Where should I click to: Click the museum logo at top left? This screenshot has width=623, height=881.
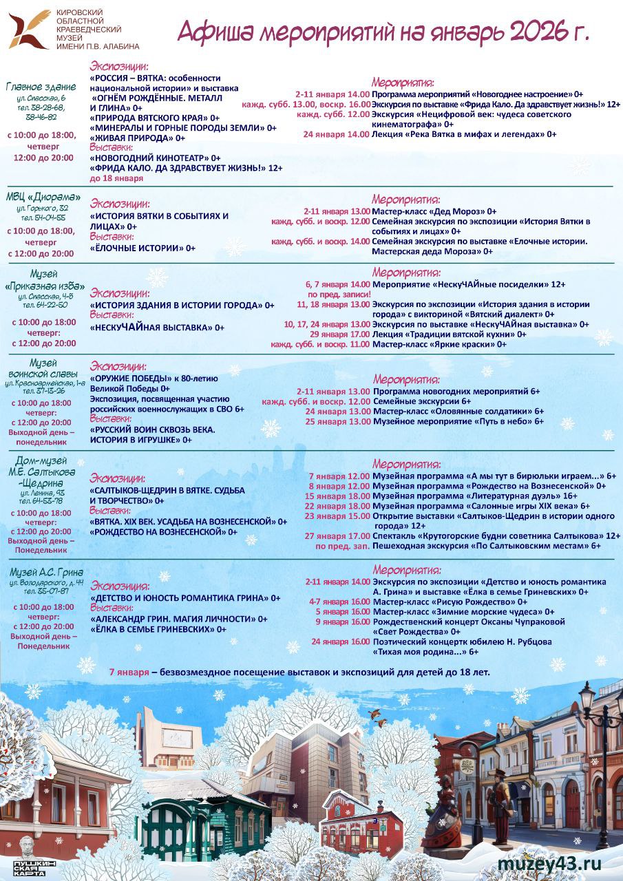pos(30,30)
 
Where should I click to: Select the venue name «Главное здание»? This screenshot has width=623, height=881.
pos(41,87)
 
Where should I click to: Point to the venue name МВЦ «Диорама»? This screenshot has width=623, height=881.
pos(43,198)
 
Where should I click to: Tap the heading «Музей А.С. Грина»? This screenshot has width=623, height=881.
pos(46,572)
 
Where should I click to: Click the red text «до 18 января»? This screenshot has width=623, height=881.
pos(116,178)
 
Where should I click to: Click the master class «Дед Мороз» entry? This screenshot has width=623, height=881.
pos(434,211)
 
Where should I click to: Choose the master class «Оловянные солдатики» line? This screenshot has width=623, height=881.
pos(455,411)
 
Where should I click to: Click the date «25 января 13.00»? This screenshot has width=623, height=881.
pos(338,421)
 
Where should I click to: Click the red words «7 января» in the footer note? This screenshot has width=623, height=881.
pos(129,672)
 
